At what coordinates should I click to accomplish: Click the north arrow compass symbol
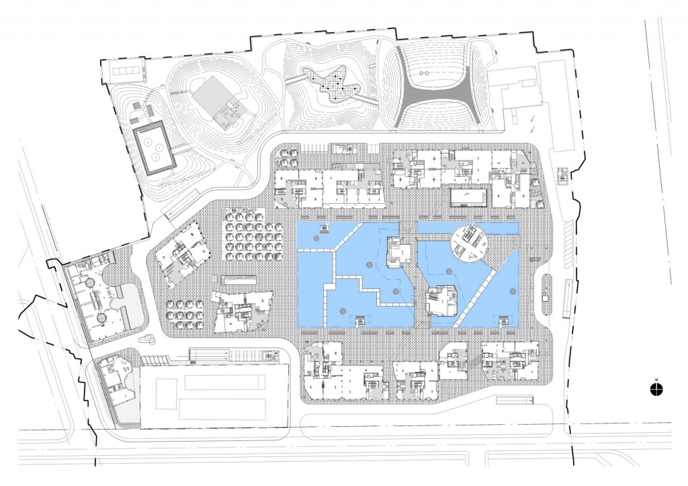(656, 388)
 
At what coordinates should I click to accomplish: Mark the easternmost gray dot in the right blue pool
(513, 291)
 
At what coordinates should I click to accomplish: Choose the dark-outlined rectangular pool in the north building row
(469, 196)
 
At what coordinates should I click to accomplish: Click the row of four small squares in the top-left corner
(127, 71)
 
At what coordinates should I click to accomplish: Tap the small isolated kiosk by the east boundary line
(563, 176)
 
